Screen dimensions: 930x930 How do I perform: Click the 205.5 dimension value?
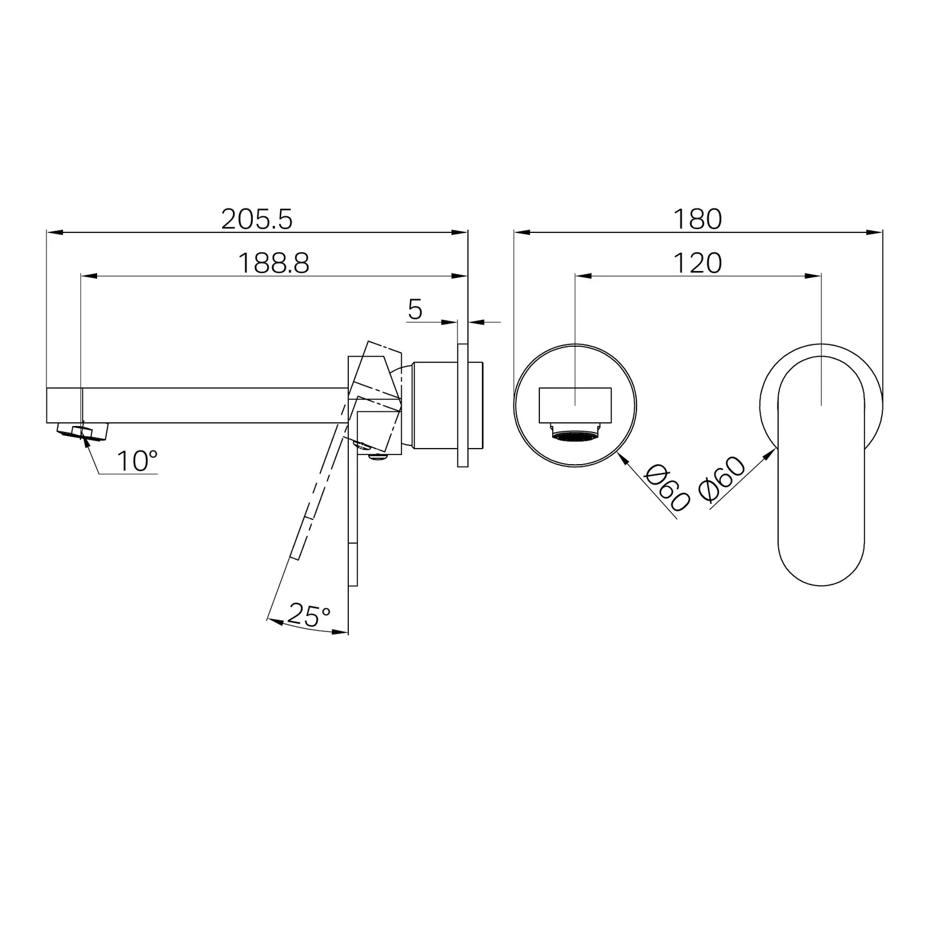257,219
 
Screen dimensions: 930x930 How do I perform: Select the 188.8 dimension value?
274,263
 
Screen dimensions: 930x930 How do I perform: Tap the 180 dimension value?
698,219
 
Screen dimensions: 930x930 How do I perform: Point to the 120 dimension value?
698,263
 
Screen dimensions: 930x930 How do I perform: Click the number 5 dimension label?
415,310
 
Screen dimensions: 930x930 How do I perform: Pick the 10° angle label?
137,461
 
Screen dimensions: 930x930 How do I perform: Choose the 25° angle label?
309,615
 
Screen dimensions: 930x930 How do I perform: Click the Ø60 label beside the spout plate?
667,487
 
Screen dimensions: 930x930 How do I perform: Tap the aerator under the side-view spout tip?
82,430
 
